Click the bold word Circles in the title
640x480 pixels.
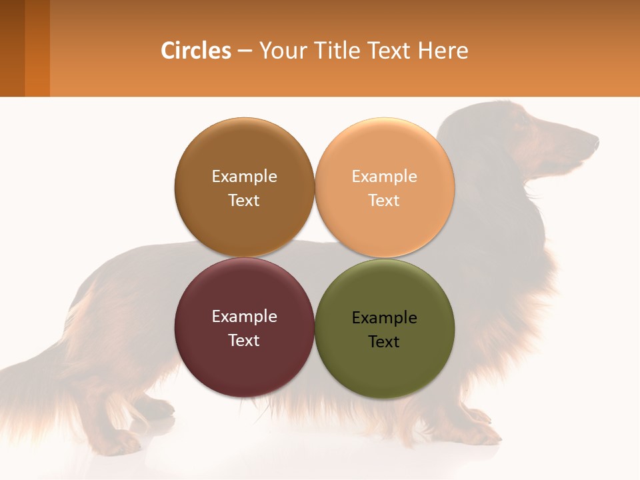tap(196, 51)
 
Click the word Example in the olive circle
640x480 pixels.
tap(385, 318)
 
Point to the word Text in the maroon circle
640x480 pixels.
tap(244, 341)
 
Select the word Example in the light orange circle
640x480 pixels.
tap(385, 177)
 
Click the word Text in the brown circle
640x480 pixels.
tap(244, 201)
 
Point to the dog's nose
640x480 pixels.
tap(595, 141)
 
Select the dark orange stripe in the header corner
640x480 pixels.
tap(37, 48)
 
